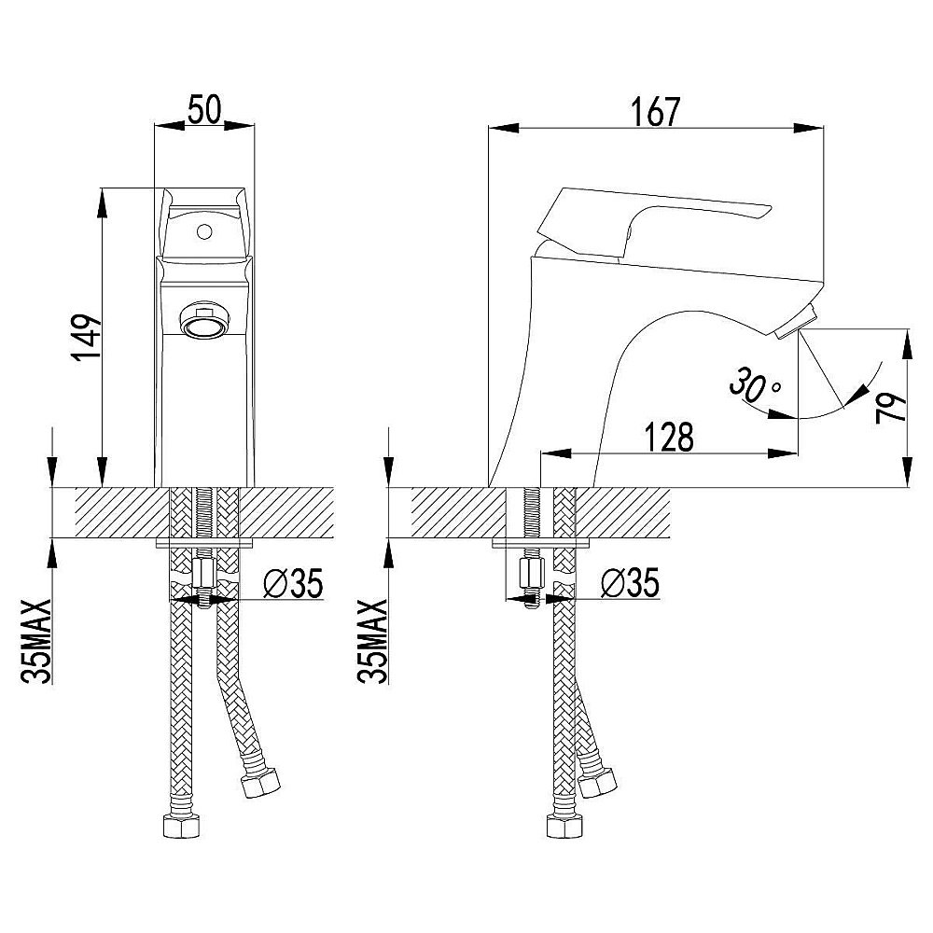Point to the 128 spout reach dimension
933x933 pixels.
point(669,438)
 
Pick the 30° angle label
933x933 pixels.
point(755,385)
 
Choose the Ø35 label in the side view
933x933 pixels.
point(630,582)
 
